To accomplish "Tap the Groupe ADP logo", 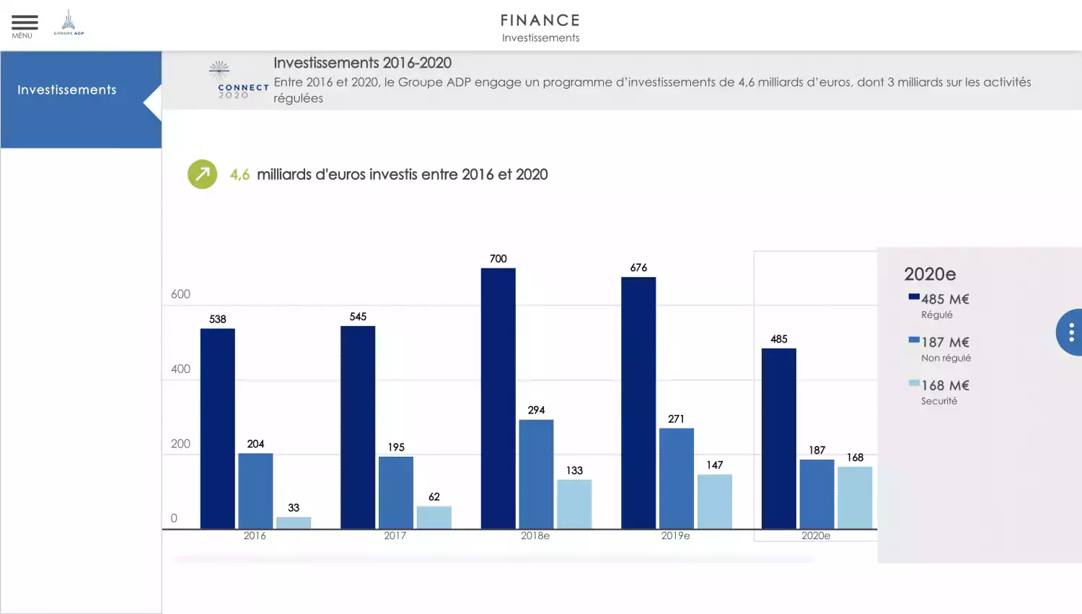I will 69,22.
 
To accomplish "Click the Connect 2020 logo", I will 232,81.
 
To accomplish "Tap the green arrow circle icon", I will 203,174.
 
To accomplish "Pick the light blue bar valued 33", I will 294,522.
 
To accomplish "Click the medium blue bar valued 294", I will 536,474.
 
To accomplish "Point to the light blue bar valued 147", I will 714,501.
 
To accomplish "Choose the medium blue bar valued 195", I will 396,493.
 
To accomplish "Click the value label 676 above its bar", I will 638,268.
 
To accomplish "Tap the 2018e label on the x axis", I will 535,536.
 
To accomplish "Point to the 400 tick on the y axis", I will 181,369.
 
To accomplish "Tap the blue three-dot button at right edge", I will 1070,332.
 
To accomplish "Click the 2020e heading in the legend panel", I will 930,274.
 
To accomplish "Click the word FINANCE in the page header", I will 540,20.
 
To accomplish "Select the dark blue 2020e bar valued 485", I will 779,439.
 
